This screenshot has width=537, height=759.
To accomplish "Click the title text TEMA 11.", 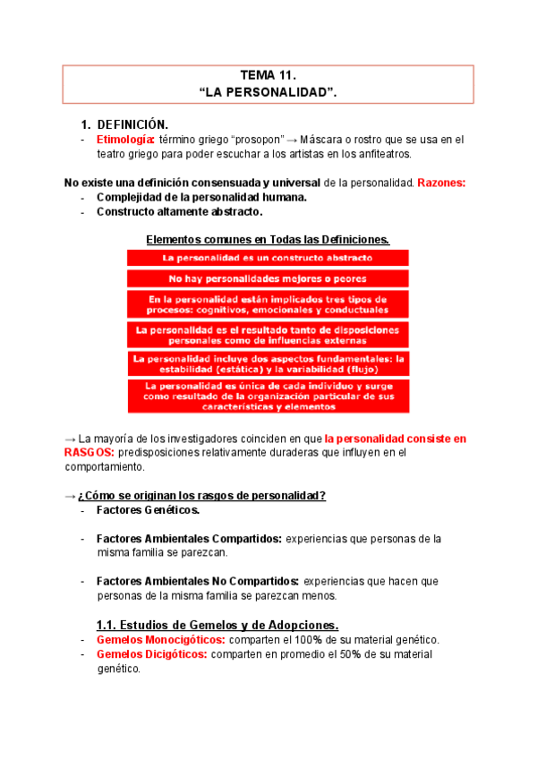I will [x=268, y=76].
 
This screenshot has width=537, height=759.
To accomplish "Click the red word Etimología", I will [x=125, y=140].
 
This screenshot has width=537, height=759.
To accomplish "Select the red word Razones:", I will [x=441, y=183].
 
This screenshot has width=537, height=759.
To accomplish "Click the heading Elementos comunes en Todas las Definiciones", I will [x=268, y=240].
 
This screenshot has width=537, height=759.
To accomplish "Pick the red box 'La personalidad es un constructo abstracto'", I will [x=268, y=257].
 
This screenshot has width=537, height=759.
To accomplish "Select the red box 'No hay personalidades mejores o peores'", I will [x=268, y=279].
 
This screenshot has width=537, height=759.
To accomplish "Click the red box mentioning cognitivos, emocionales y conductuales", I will [x=268, y=304].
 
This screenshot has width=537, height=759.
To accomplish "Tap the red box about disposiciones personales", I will [x=268, y=335].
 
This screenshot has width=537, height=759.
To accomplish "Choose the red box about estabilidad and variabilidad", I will [x=268, y=364].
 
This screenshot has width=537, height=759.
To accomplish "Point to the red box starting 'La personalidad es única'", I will [x=268, y=396].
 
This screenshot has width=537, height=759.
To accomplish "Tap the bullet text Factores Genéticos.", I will [x=148, y=510].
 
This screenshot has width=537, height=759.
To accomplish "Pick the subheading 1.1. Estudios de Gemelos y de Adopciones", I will [x=217, y=624].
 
